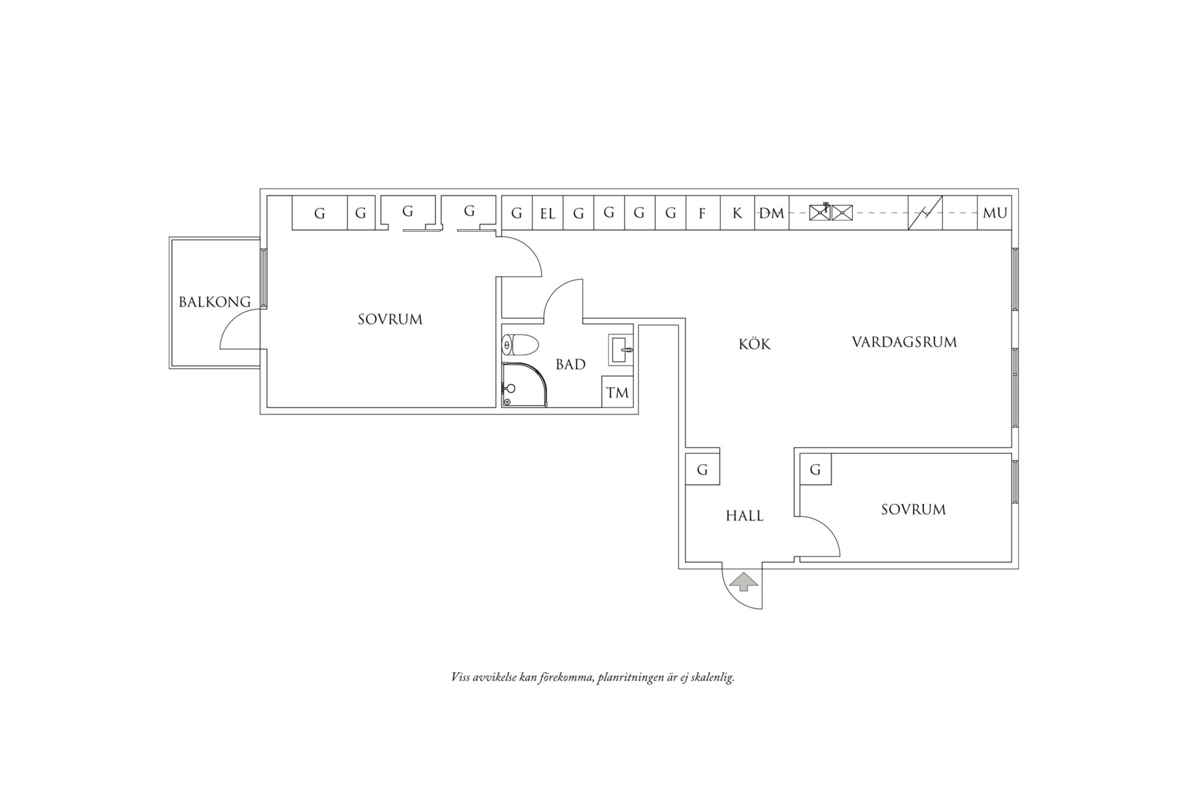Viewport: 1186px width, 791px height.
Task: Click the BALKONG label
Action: coord(215,302)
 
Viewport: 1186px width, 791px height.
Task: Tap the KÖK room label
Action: coord(754,344)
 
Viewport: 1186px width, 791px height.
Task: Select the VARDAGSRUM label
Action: coord(904,342)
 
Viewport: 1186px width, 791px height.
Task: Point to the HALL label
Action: coord(744,516)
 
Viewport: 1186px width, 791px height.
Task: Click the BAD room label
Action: coord(570,365)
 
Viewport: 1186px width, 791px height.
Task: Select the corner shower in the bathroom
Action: coord(524,385)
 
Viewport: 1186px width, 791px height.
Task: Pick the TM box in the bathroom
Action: coord(618,392)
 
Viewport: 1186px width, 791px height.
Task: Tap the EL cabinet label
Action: coord(548,214)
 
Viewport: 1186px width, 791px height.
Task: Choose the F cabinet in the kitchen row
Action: coord(702,213)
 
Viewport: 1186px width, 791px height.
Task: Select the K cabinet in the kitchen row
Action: coord(737,213)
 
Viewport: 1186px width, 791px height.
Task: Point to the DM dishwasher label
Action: coord(772,213)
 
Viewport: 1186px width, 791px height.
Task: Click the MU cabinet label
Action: coord(995,213)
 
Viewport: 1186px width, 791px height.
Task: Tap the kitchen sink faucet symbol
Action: coord(826,207)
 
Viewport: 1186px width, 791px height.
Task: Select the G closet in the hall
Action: coord(702,469)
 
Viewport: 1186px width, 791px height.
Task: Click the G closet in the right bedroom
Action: coord(816,469)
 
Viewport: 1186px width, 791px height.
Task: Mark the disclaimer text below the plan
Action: coord(593,678)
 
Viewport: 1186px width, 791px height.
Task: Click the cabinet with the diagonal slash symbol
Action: coord(925,213)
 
